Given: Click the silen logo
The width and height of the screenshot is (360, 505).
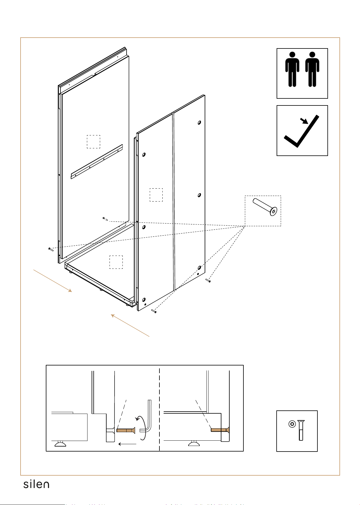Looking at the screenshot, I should coord(36,484).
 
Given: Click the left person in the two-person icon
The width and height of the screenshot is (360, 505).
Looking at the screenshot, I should coord(292,69).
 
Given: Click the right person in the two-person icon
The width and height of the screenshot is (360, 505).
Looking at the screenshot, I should coord(312,69).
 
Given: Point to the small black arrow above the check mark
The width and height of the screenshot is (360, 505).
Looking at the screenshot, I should coord(304,121).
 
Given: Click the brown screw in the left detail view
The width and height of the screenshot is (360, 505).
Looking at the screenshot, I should coord(126,430).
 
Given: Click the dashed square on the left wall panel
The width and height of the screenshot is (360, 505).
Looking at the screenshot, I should coord(93,142).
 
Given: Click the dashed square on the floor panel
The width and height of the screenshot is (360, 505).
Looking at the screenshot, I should coord(116,262).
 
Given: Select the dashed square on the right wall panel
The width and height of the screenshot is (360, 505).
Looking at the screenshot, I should coord(156,195).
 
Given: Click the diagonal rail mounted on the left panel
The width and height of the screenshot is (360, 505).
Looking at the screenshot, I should coord(97,162).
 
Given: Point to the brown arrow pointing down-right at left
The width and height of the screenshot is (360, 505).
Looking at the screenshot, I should coord(53,281).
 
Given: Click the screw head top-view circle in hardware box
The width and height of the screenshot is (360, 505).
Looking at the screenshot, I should coord(292,424).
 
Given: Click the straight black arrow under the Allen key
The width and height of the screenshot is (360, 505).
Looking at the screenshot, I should coord(127,444).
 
